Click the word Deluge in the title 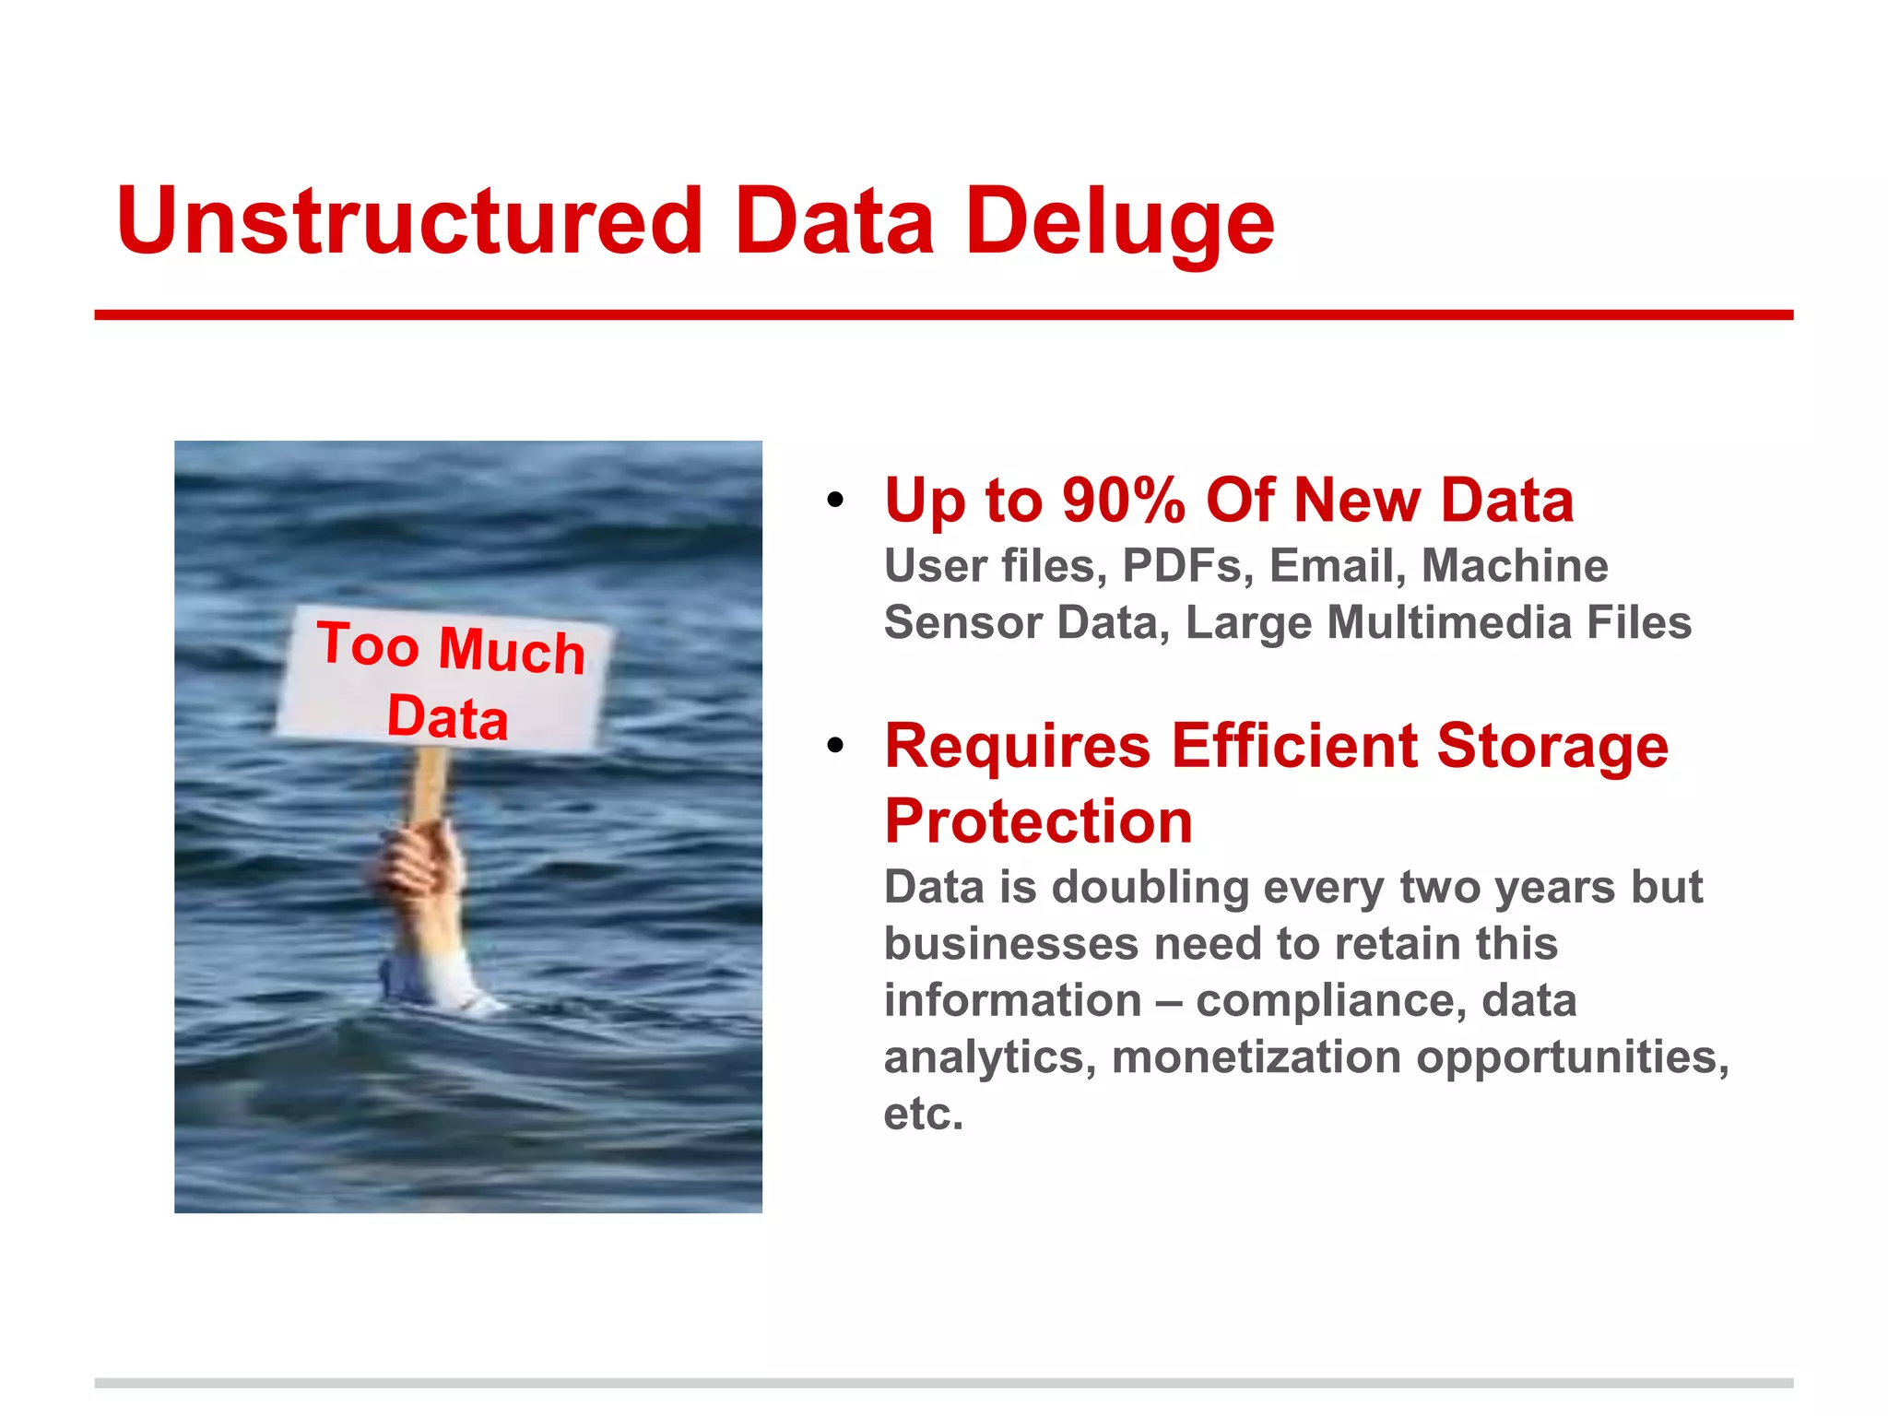tap(1119, 221)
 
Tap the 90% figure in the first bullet tap(1123, 501)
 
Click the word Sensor tap(962, 622)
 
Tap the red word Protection tap(1038, 820)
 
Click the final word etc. tap(923, 1114)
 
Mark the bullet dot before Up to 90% tap(835, 501)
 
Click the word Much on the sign tap(512, 650)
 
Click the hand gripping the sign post tap(420, 862)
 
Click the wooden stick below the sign tap(428, 784)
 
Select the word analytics tap(989, 1057)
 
